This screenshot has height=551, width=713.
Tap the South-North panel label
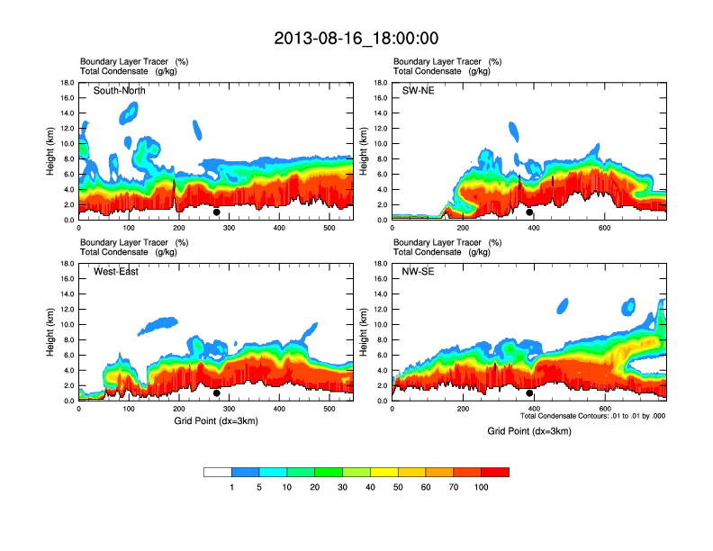click(120, 90)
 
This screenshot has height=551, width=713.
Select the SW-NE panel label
click(419, 90)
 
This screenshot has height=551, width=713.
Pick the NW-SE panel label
click(420, 272)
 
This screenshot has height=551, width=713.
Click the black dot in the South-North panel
click(216, 212)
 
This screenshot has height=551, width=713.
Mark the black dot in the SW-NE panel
click(529, 212)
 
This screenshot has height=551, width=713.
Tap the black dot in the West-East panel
click(216, 393)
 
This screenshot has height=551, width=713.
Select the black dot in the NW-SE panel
click(529, 393)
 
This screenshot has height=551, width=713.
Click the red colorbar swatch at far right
click(495, 472)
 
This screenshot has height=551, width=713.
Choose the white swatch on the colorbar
click(218, 472)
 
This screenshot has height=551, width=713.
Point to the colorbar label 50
click(398, 487)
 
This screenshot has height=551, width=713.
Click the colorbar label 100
click(482, 487)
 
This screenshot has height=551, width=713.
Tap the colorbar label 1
click(232, 487)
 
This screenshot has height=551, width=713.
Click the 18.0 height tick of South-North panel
click(67, 83)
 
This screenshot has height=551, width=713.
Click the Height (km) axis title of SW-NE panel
click(362, 150)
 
